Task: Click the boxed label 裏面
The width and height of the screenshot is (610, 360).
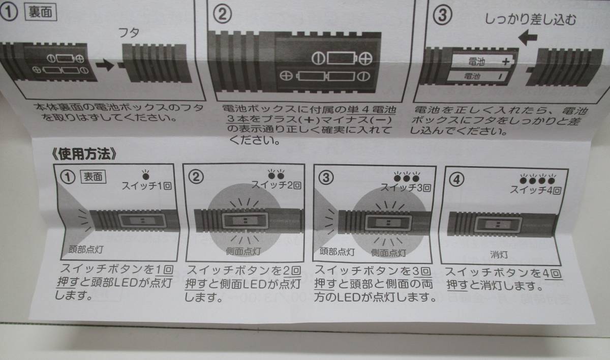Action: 41,12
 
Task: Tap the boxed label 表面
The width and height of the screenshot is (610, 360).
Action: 93,177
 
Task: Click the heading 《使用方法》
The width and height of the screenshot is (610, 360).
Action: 84,154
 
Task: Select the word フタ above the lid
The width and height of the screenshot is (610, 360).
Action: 129,33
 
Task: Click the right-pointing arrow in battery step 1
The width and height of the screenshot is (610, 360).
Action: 105,66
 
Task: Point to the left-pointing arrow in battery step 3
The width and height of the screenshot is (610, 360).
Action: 528,37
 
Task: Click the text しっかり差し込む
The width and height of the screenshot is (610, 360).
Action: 531,20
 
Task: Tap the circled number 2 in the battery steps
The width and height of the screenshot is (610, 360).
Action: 222,14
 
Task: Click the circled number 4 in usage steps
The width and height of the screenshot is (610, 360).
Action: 456,179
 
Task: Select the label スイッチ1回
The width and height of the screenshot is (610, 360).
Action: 146,186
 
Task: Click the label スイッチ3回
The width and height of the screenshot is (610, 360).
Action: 406,188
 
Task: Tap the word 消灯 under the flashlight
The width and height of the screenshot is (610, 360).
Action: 499,255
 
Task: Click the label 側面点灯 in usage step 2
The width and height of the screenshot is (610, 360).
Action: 243,251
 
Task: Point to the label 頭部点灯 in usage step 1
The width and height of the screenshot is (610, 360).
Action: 86,249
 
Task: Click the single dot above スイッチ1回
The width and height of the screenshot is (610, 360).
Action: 146,176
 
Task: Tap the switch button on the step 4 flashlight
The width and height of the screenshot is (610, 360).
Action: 498,225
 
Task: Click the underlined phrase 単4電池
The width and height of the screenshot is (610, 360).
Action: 372,110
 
